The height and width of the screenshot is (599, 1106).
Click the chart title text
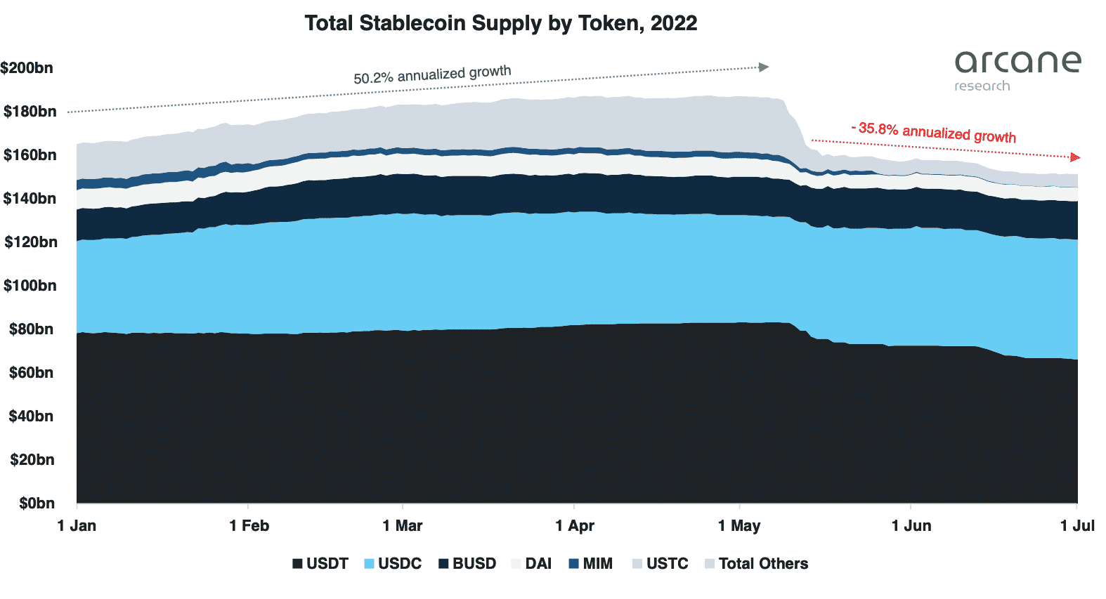point(500,23)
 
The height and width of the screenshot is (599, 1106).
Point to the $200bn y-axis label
point(27,68)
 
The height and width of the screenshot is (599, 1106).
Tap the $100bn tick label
point(30,286)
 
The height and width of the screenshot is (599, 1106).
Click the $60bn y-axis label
point(31,373)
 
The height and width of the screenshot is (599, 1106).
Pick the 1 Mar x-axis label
point(403,526)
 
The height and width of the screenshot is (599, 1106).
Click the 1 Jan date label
point(77,526)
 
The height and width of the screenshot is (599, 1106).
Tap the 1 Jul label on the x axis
point(1076,526)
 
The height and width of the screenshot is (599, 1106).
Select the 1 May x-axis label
point(739,526)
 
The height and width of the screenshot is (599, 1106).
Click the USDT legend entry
point(320,564)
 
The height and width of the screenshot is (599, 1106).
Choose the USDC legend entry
point(393,564)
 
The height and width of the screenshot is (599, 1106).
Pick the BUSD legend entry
point(467,564)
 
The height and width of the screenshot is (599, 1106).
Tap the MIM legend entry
point(590,564)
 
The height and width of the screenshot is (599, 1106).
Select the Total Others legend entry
point(756,564)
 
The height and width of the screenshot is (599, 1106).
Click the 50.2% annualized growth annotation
point(432,74)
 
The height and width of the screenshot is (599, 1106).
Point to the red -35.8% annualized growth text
point(934,131)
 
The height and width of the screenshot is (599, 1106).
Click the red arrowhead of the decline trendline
point(1074,157)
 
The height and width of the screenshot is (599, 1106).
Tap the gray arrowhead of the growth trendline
point(764,67)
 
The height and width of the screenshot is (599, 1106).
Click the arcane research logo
point(1017,70)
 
